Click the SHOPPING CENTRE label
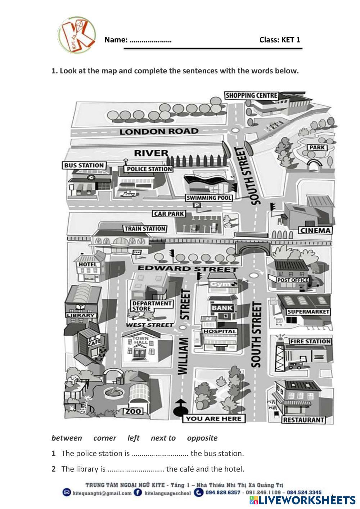point(251,95)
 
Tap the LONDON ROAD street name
point(159,131)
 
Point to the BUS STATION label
point(84,166)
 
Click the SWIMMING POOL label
point(209,198)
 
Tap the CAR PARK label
point(169,213)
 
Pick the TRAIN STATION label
point(144,229)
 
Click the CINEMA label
point(315,230)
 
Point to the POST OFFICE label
point(293,280)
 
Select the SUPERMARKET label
point(308,312)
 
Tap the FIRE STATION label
point(310,341)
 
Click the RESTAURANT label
point(303,420)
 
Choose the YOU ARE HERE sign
point(213,418)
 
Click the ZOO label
point(133,411)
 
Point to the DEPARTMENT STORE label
point(151,306)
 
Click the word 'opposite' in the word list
point(202,438)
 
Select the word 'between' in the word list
point(67,438)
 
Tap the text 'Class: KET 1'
point(280,40)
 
